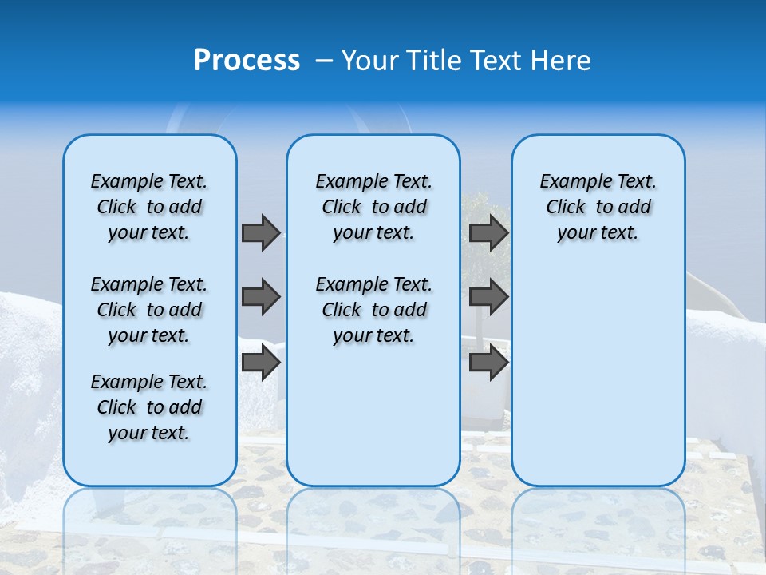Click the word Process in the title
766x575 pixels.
pyautogui.click(x=247, y=60)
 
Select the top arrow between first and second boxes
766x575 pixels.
pyautogui.click(x=261, y=232)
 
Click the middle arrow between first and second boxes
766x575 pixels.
pyautogui.click(x=261, y=297)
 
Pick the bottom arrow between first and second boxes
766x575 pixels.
pyautogui.click(x=261, y=363)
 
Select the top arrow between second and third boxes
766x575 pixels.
pyautogui.click(x=488, y=232)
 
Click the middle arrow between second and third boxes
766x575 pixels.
pyautogui.click(x=488, y=297)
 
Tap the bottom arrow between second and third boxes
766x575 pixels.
pyautogui.click(x=488, y=363)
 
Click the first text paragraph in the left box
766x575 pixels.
pyautogui.click(x=149, y=207)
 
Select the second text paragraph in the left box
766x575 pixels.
pyautogui.click(x=149, y=310)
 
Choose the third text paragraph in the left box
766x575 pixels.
pyautogui.click(x=149, y=407)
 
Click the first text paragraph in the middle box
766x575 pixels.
pyautogui.click(x=373, y=207)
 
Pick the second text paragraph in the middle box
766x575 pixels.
pyautogui.click(x=373, y=310)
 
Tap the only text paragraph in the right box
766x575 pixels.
pyautogui.click(x=598, y=207)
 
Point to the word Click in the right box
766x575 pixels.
pyautogui.click(x=566, y=208)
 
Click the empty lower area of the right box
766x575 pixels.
pyautogui.click(x=598, y=383)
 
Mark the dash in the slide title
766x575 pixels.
pyautogui.click(x=324, y=61)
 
